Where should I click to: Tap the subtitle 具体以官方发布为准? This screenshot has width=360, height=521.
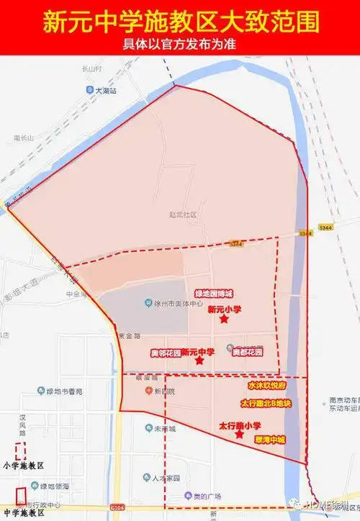coord(180,42)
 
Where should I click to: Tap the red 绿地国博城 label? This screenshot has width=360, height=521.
coord(214,294)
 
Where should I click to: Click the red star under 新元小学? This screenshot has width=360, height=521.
coord(224,320)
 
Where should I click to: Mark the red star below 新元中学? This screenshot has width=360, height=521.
coord(199,361)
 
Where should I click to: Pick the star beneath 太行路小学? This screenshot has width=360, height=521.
coord(239,435)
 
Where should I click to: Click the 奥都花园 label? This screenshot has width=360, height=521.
coord(247,353)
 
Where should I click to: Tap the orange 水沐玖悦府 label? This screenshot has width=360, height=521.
coord(267,386)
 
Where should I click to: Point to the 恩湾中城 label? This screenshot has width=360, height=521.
coord(270,440)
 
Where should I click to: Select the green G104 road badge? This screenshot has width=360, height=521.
coord(118,507)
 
